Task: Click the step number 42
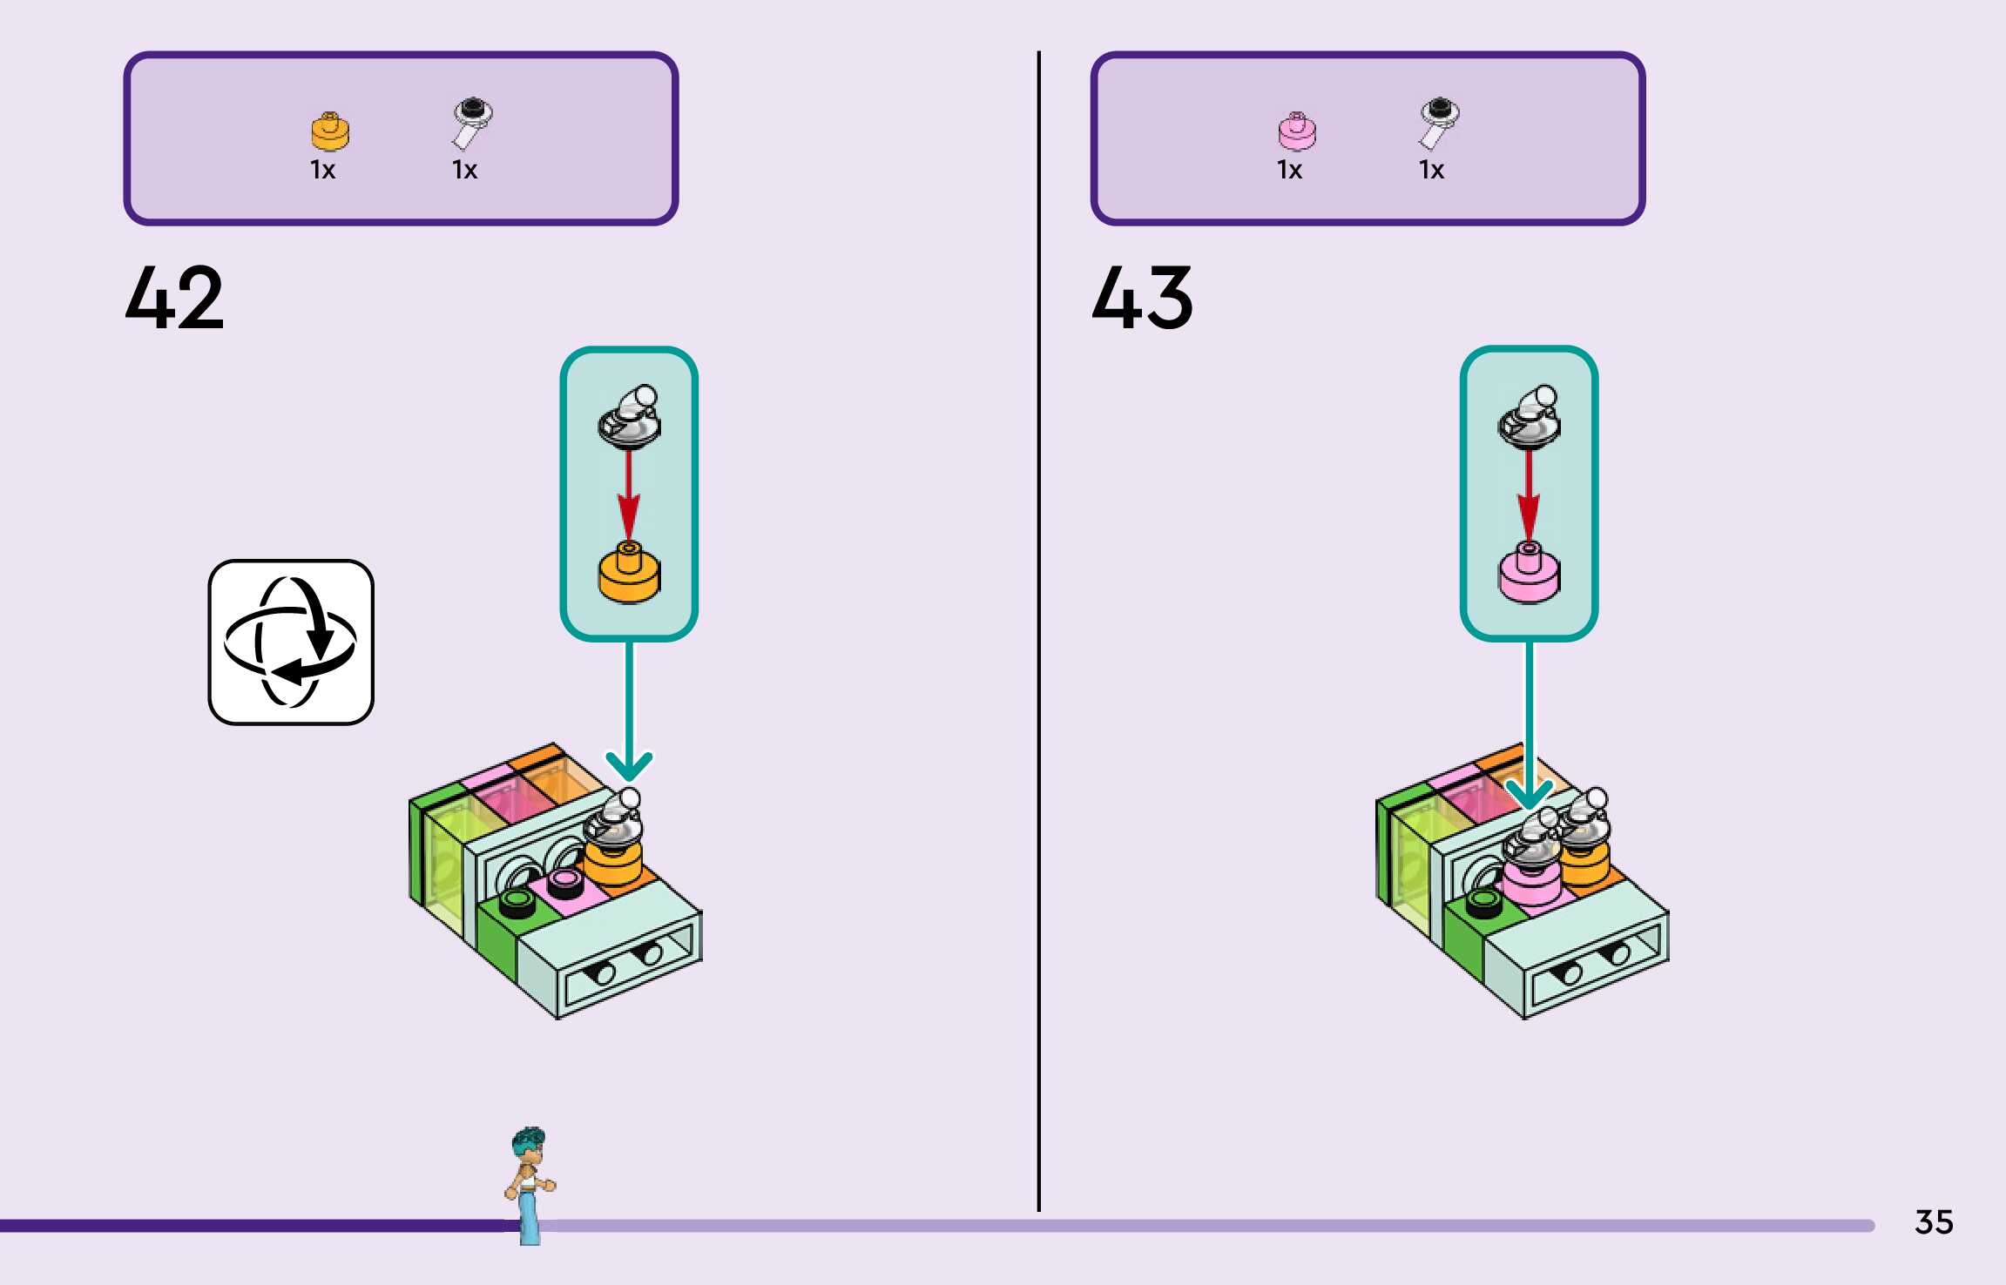(174, 298)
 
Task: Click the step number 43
(1142, 298)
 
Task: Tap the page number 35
(1934, 1222)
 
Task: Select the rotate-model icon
(291, 642)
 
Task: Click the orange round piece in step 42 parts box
(330, 131)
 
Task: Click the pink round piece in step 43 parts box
(1297, 131)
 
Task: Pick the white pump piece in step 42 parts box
(471, 122)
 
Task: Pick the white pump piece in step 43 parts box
(1438, 122)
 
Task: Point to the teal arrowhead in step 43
(1529, 793)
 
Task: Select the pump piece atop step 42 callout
(629, 416)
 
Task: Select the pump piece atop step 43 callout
(1529, 416)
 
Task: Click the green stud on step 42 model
(517, 902)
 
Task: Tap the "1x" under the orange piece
(322, 170)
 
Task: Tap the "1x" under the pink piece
(1289, 170)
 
